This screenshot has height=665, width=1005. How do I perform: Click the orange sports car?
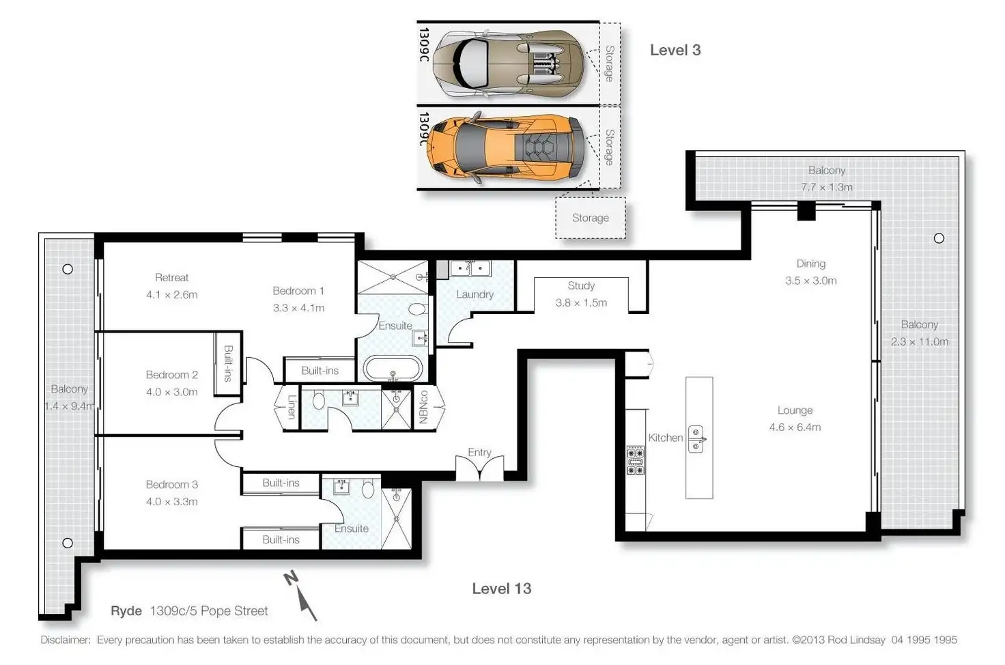pos(506,147)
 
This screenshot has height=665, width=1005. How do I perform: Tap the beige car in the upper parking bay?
pos(509,63)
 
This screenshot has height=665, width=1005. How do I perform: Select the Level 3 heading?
pos(675,51)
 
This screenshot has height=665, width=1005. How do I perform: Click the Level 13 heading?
pos(502,589)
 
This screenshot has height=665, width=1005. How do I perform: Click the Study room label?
pos(581,285)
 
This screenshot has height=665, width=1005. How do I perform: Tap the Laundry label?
pos(475,294)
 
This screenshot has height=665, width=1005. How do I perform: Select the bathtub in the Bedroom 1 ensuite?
pos(393,369)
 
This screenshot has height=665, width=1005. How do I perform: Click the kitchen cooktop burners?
pos(636,460)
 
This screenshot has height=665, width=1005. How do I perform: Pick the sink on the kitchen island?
pos(696,439)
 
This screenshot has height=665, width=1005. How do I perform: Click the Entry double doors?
pos(479,468)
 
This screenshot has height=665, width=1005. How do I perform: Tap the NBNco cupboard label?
pos(423,408)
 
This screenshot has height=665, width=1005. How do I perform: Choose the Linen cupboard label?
pos(292,406)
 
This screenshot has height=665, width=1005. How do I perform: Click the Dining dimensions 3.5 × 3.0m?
pos(810,281)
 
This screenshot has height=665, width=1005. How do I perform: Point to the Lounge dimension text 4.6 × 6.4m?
pos(795,427)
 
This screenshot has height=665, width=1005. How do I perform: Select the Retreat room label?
pos(172,277)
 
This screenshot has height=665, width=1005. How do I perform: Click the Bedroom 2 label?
pos(172,375)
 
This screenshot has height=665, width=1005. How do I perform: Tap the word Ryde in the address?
pos(126,611)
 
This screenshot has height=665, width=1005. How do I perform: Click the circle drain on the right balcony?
pos(939,238)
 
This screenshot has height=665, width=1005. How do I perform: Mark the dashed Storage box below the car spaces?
pos(591,218)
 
